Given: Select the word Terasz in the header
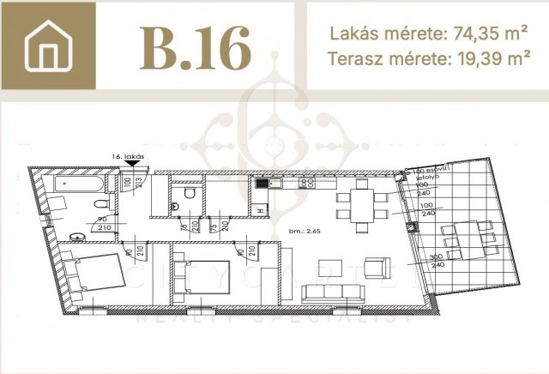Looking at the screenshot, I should click(352, 59).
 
